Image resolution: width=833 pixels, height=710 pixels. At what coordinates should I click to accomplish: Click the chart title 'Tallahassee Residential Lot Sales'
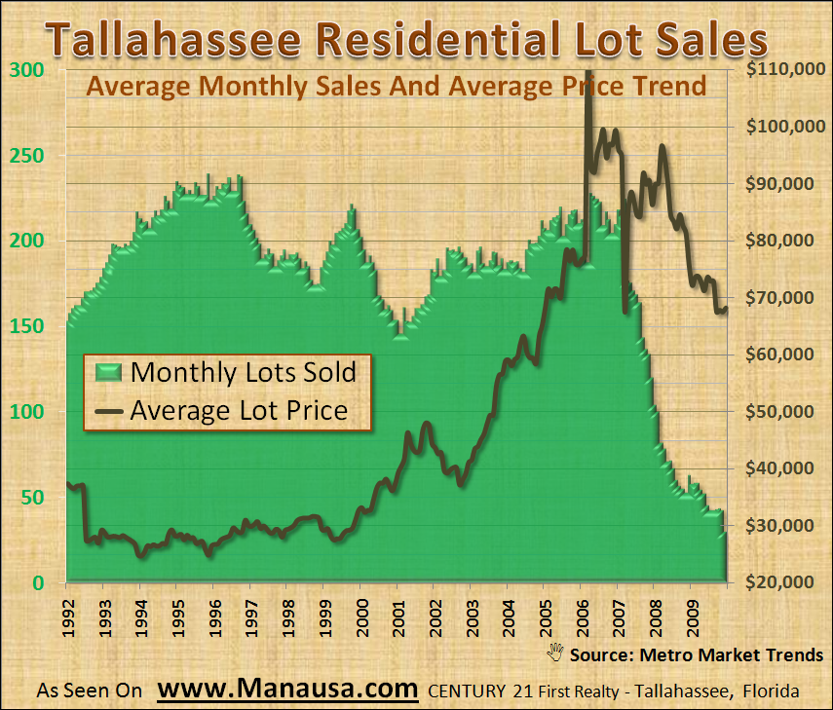pos(406,42)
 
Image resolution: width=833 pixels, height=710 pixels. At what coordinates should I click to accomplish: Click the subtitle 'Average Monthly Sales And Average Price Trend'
pos(396,86)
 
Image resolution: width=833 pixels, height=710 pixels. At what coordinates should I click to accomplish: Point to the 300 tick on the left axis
pos(27,70)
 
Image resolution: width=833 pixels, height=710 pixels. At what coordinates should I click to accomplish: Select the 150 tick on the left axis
pos(27,326)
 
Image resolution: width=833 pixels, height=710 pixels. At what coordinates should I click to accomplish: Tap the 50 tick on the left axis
pos(32,498)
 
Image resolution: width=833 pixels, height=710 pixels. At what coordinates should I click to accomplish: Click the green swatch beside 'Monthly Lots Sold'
pos(109,372)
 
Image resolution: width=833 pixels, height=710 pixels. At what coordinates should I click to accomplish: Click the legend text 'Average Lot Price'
pos(239,410)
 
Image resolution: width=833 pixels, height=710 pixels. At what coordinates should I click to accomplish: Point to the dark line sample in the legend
pos(109,410)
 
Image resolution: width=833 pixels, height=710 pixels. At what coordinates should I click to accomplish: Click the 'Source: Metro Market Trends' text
pos(697,654)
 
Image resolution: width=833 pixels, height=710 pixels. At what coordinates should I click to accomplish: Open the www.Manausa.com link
pos(287,690)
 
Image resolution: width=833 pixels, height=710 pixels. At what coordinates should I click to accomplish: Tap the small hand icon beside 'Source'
pos(557,652)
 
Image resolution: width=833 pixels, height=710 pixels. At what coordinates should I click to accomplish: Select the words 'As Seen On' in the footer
pos(90,691)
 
